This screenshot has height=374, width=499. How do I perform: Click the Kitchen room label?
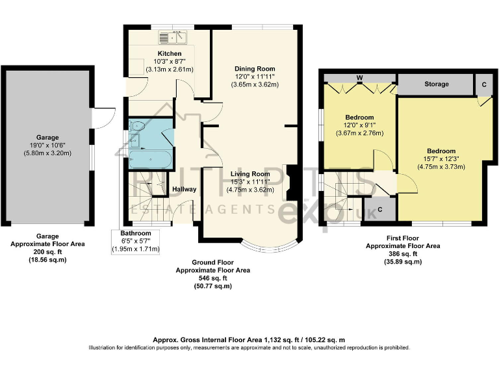coord(169,53)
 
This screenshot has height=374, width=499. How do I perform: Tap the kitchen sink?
coord(172,37)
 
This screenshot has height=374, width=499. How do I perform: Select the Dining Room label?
coord(255,68)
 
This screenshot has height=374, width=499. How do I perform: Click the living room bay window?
coord(267,247)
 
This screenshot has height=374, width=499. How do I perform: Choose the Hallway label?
coord(184,190)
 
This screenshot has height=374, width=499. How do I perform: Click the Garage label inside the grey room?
coord(47,138)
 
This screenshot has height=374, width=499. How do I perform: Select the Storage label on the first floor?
coord(437,84)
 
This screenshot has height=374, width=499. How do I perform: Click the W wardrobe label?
coord(359,79)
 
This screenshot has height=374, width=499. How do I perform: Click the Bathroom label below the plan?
coord(136,233)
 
